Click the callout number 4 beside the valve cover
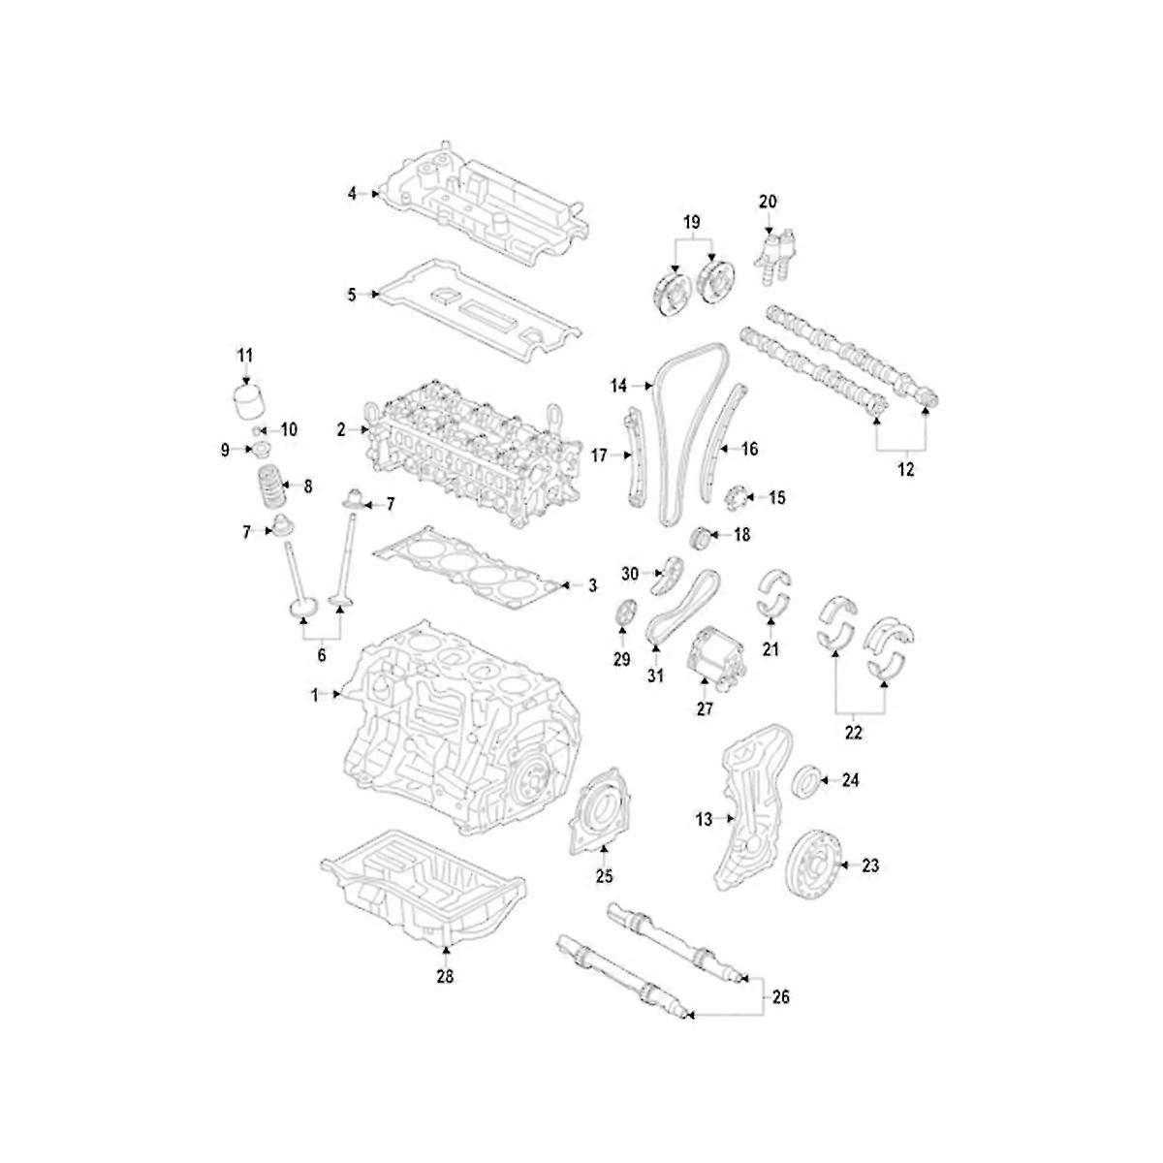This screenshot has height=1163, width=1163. click(352, 195)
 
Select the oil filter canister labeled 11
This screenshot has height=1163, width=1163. click(251, 401)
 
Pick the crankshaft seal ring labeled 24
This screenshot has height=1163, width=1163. click(806, 781)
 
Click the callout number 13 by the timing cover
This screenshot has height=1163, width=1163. click(704, 820)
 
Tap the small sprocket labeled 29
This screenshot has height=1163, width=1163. click(625, 614)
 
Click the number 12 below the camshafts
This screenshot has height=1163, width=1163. click(905, 470)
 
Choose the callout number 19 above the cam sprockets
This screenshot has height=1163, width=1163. click(691, 223)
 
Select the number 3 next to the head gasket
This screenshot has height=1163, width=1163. click(592, 585)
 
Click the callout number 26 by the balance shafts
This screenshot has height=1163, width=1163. click(781, 996)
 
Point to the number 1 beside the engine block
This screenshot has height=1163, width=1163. click(314, 694)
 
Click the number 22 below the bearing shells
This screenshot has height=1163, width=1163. click(853, 733)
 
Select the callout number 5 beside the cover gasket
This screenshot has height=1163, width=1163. click(352, 293)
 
